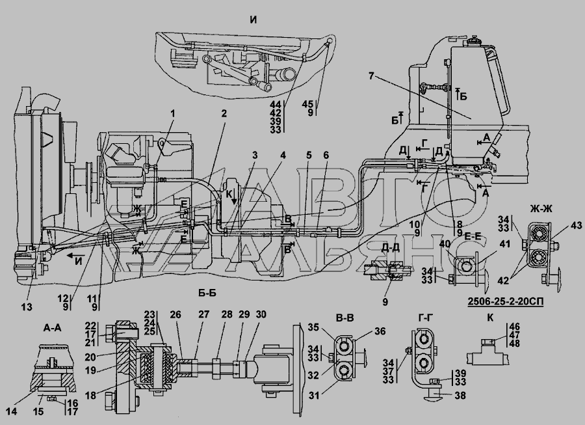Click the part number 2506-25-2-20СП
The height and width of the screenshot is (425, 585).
(505, 301)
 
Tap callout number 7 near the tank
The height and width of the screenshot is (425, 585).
(371, 76)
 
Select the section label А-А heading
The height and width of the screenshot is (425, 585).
(52, 327)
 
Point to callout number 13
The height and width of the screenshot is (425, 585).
(27, 307)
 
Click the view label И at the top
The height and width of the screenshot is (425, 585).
(253, 20)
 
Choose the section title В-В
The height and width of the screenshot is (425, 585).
(344, 318)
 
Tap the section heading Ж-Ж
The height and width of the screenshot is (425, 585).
(541, 209)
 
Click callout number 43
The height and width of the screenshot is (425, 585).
(576, 225)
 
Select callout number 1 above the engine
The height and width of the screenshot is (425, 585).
(173, 113)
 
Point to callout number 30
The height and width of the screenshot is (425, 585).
(261, 314)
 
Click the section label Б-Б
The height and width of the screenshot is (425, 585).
(207, 293)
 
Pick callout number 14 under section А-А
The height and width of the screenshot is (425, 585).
(12, 411)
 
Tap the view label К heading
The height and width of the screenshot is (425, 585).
(490, 318)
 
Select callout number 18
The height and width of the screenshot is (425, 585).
(90, 395)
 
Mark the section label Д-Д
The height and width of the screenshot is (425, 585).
(390, 247)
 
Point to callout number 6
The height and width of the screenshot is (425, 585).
(326, 155)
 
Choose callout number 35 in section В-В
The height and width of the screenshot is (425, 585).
(314, 327)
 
